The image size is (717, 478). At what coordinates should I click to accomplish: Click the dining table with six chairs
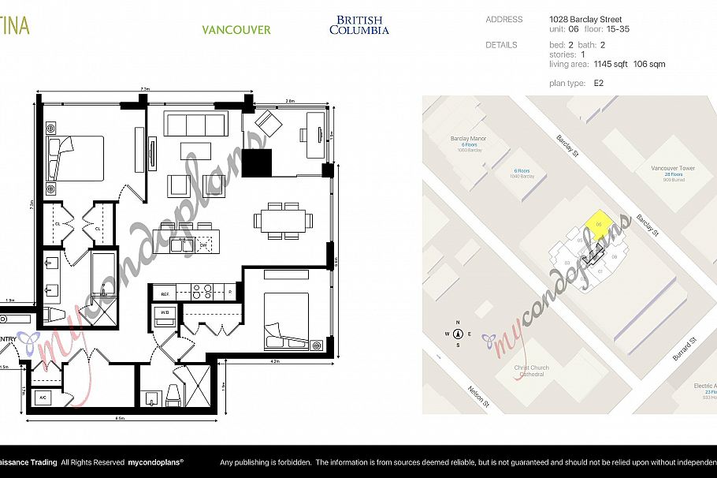tap(280, 220)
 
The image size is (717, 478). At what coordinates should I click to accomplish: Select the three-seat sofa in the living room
tap(194, 124)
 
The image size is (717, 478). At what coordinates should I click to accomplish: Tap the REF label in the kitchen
tap(165, 293)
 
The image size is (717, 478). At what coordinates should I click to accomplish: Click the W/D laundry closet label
tap(165, 312)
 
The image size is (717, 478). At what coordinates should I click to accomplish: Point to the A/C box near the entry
tap(43, 398)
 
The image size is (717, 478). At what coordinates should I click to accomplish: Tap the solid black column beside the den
tap(256, 162)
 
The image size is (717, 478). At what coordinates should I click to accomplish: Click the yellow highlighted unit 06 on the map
tap(598, 224)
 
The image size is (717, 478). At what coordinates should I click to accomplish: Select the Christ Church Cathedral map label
tap(531, 371)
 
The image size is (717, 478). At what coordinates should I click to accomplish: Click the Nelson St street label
tap(477, 396)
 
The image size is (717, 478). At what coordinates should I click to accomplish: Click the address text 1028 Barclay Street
tap(585, 20)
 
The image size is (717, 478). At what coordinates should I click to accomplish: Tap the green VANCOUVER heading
tap(236, 30)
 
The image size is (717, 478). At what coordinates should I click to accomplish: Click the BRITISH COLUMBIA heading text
tap(358, 25)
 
